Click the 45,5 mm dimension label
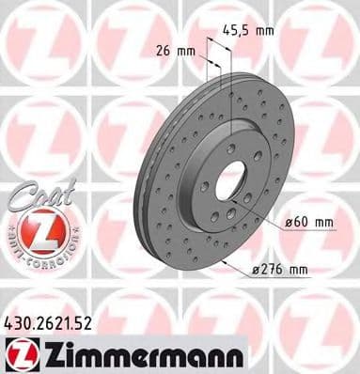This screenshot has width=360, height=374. pyautogui.click(x=251, y=30)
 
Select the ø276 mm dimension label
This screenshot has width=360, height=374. pyautogui.click(x=281, y=271)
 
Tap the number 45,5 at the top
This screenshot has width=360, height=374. pyautogui.click(x=241, y=30)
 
